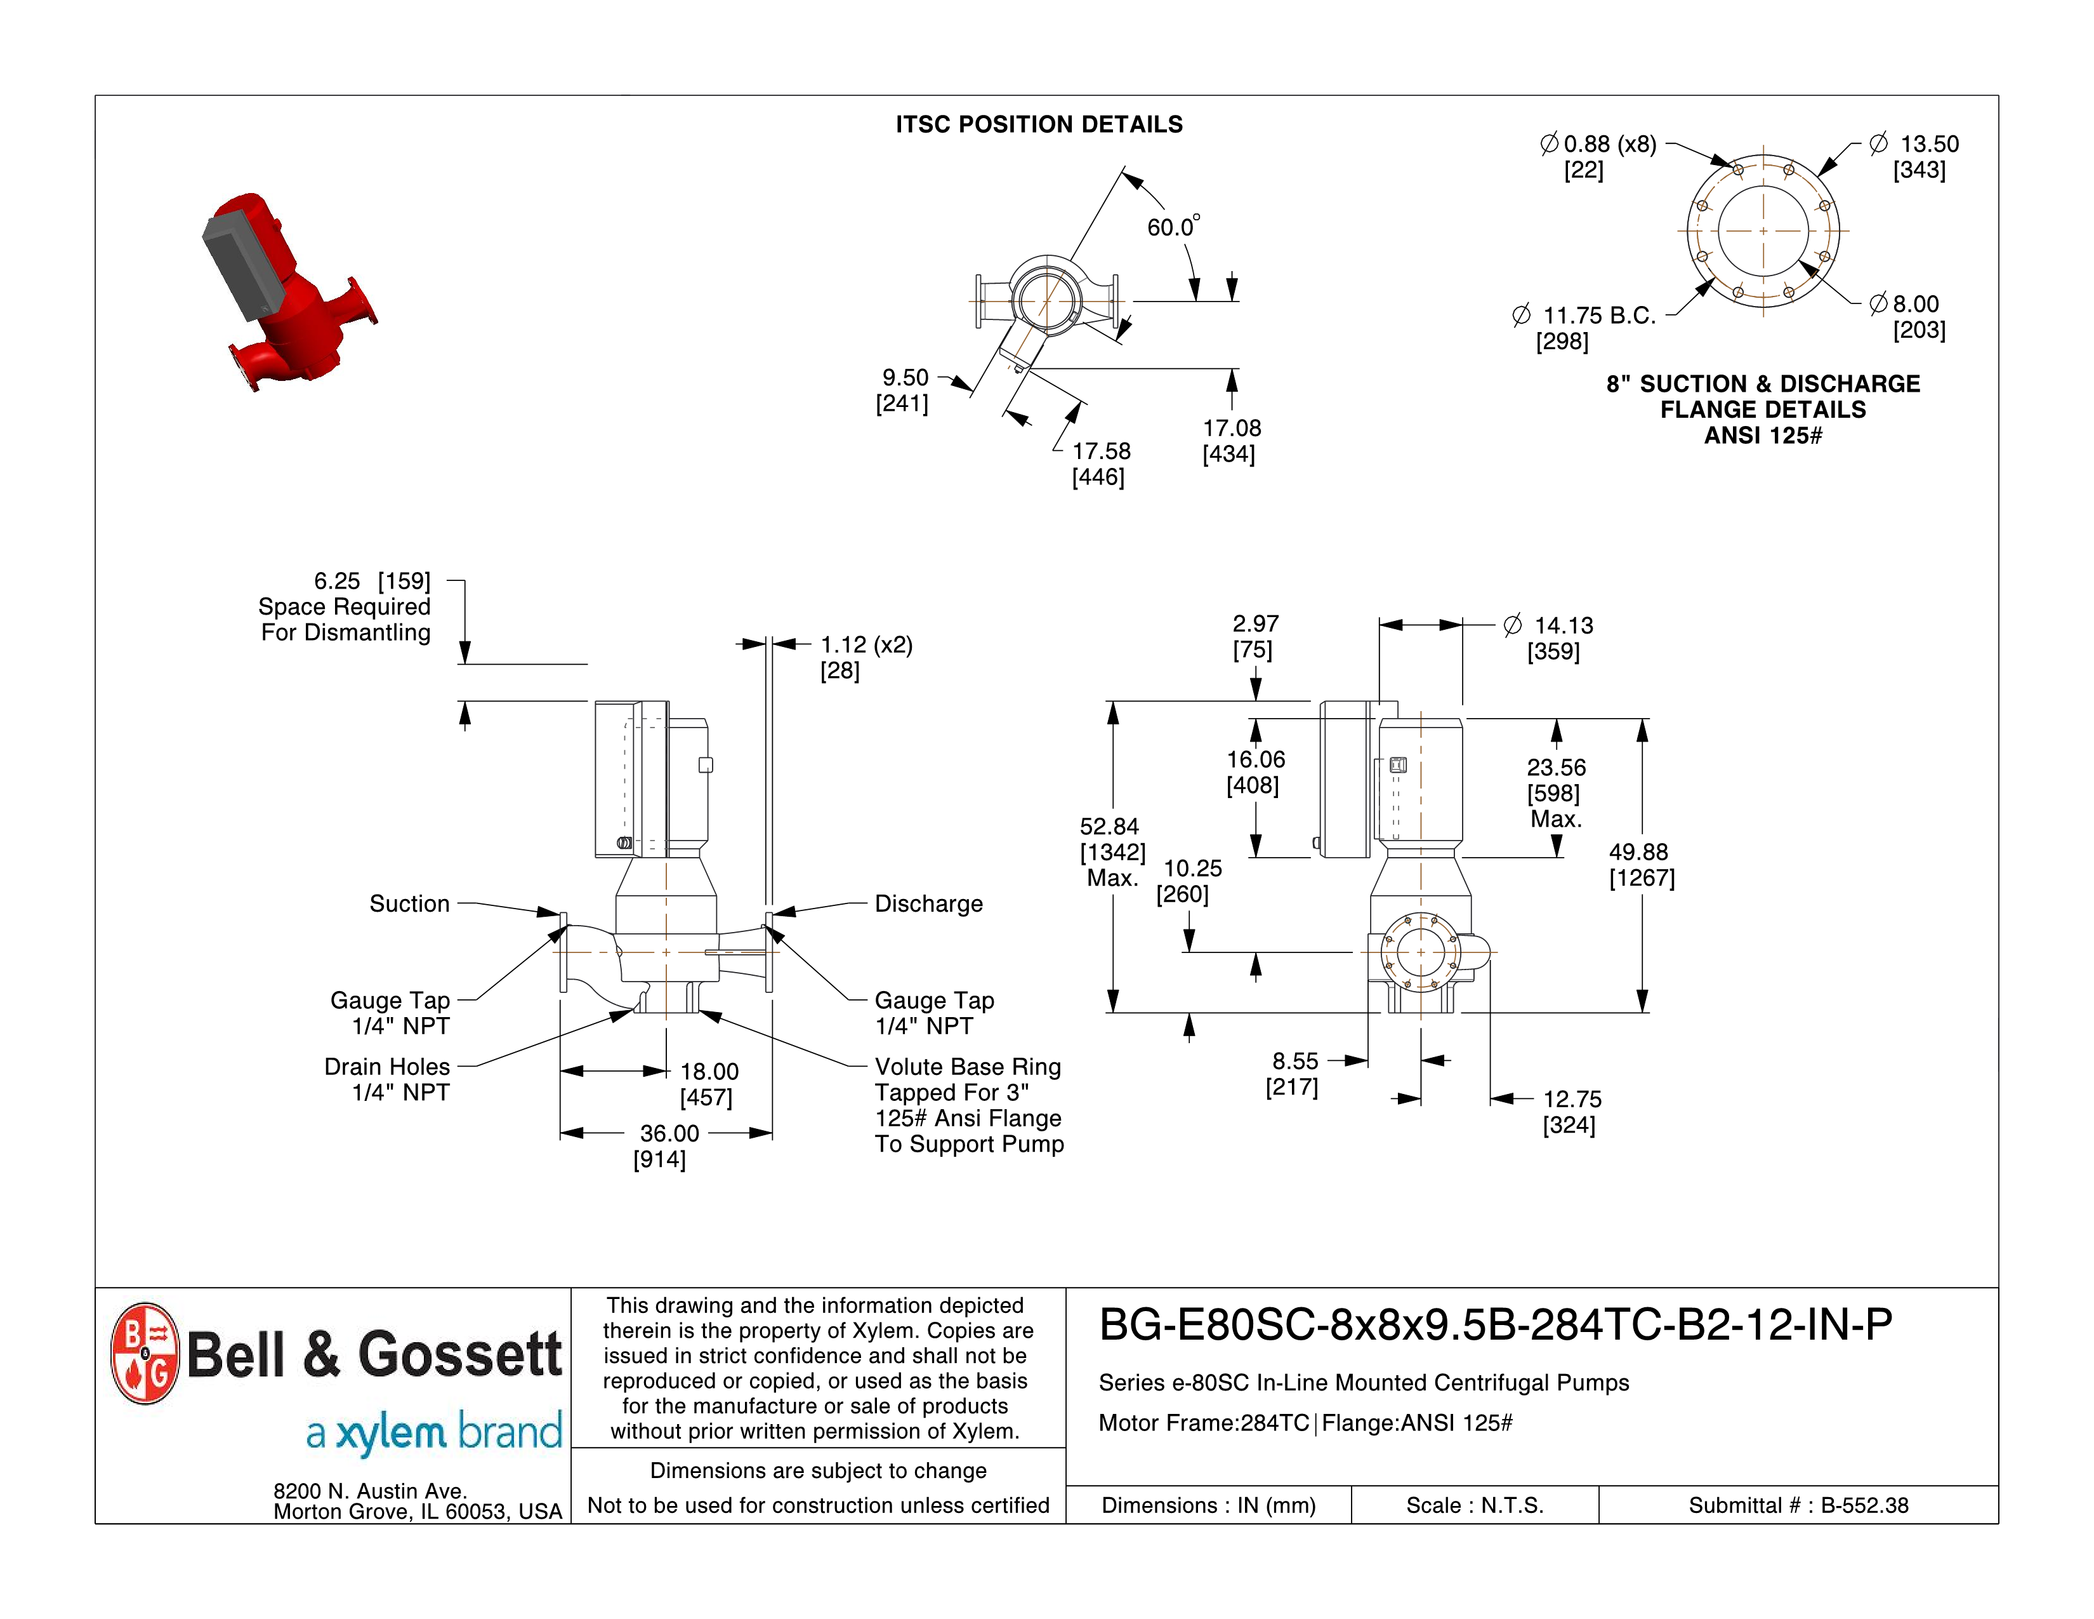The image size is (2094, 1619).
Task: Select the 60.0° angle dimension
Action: click(1171, 227)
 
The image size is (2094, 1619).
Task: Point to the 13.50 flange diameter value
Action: click(1928, 145)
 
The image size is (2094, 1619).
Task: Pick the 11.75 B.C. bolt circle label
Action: click(1598, 316)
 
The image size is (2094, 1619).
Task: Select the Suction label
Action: click(409, 903)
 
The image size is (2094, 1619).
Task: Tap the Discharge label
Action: click(928, 903)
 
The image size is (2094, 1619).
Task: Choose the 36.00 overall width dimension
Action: click(669, 1134)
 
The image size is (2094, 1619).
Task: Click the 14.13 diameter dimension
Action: click(1563, 625)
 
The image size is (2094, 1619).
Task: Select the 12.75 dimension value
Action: click(1572, 1099)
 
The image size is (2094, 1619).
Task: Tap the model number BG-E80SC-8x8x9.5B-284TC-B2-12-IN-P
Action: click(1495, 1324)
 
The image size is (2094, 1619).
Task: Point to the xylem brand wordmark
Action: click(433, 1433)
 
